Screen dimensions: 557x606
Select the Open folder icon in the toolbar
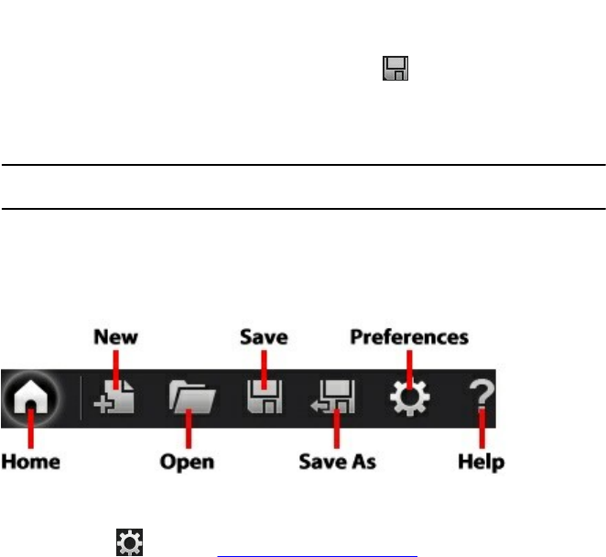(x=191, y=399)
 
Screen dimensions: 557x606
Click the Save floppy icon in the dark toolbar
(x=265, y=399)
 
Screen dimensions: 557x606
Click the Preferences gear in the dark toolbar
(x=408, y=399)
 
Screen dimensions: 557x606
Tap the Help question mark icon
(x=480, y=399)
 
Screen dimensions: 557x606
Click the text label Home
(x=30, y=461)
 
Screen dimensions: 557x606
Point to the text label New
(x=116, y=337)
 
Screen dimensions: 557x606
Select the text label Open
(x=187, y=461)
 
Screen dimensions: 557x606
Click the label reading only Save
(x=264, y=337)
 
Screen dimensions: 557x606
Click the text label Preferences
(x=409, y=337)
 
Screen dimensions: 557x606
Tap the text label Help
(x=481, y=461)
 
